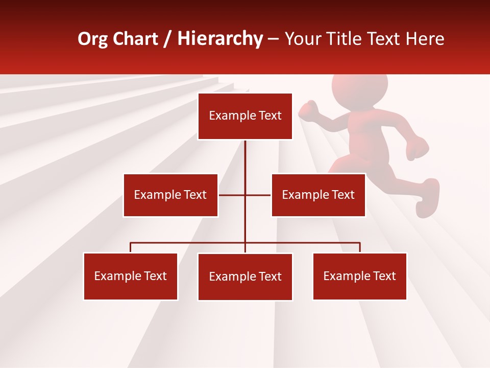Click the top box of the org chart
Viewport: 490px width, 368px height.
245,116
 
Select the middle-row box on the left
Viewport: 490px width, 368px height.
170,195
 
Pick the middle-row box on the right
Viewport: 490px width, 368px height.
318,195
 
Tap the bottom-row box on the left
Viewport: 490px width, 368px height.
131,277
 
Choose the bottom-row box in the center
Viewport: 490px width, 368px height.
245,277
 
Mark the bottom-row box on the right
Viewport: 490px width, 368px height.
359,277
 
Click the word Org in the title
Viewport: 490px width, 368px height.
92,39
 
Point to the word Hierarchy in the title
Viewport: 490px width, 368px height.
220,39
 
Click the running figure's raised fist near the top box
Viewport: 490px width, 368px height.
308,109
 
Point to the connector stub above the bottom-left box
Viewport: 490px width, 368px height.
131,247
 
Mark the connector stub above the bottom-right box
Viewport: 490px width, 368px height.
360,247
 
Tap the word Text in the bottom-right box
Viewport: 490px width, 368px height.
384,277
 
